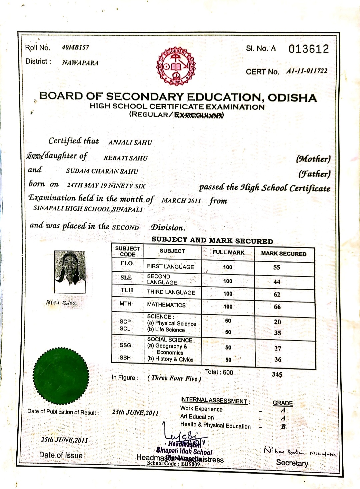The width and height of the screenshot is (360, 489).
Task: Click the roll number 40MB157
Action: (75, 47)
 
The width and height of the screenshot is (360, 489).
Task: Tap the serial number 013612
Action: (309, 49)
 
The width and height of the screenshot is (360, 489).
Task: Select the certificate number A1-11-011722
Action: (307, 71)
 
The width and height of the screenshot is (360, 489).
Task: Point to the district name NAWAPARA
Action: (80, 63)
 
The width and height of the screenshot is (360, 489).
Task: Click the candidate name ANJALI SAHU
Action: (130, 142)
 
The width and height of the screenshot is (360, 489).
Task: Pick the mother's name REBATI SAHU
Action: (125, 158)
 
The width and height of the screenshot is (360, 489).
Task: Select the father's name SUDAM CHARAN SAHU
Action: (102, 171)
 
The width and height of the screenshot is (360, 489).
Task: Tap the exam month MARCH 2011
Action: (181, 200)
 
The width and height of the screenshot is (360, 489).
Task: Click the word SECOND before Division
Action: (125, 227)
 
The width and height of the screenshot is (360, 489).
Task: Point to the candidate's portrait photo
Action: (70, 272)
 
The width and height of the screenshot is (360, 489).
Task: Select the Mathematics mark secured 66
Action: (277, 307)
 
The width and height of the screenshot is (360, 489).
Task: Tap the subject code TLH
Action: (127, 290)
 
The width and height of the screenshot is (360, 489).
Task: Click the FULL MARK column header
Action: (228, 253)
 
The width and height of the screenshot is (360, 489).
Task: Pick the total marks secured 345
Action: (277, 374)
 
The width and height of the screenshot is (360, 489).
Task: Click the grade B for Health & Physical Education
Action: (283, 427)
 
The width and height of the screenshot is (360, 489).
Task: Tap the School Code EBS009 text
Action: (173, 464)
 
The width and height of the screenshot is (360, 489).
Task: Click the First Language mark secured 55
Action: (277, 268)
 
